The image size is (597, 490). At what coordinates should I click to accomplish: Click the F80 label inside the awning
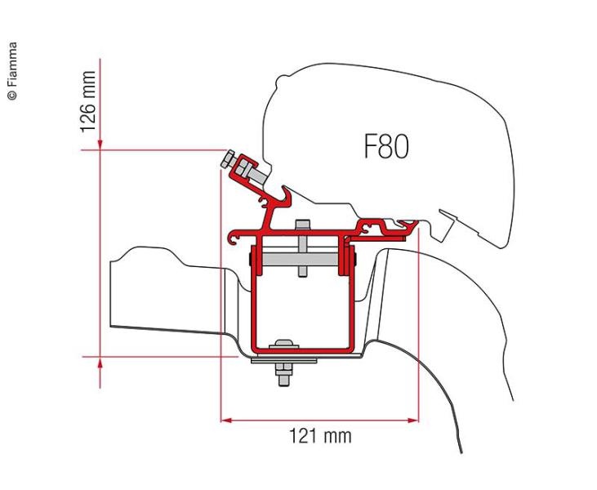pos(386,146)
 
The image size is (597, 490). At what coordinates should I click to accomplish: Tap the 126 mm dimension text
pos(88,101)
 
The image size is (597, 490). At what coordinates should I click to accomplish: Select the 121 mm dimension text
pos(321,436)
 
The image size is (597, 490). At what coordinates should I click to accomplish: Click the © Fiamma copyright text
pos(12,71)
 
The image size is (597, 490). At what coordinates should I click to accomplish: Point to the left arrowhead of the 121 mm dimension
pos(226,421)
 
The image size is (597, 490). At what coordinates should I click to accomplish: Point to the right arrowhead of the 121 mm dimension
pos(413,421)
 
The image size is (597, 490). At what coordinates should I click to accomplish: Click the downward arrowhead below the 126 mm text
pos(100,145)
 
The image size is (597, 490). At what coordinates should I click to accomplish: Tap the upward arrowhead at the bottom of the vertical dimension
pos(100,363)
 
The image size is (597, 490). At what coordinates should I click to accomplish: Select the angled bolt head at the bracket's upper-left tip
pos(228,158)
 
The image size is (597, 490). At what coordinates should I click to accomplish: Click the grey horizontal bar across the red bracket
pos(301,259)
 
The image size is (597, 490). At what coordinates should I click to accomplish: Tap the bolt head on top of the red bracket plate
pos(302,225)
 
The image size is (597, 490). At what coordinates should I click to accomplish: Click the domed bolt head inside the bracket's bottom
pos(283,344)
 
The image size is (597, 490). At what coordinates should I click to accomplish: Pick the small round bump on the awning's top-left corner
pos(282,80)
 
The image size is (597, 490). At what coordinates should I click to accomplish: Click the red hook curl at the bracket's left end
pos(233,238)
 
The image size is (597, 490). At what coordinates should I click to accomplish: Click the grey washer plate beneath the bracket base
pos(283,360)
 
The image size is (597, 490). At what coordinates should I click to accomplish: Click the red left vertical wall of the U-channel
pos(254,297)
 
